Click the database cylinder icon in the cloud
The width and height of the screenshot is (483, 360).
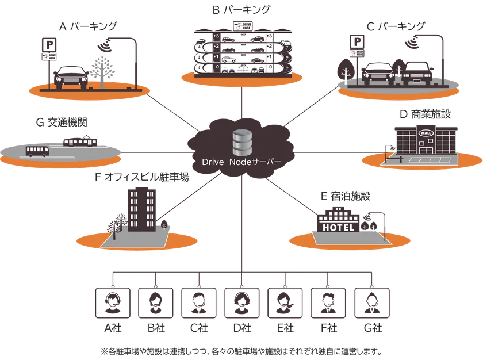[x=241, y=141]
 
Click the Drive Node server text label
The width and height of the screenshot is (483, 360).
[x=241, y=163]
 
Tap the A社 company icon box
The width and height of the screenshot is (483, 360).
[x=112, y=302]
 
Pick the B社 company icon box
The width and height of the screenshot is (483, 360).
[x=155, y=302]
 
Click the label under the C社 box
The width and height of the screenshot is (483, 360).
[x=198, y=329]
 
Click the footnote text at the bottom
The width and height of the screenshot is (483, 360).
[x=241, y=349]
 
